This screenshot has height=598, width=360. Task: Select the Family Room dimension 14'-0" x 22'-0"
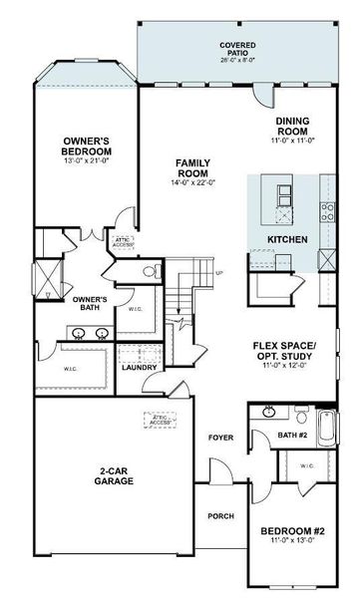pos(190,181)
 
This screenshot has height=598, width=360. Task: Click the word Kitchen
pos(287,240)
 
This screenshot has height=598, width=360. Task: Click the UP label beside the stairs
pos(218,273)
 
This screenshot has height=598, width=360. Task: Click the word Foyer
pos(220,438)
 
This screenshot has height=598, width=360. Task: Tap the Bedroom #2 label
pos(292,530)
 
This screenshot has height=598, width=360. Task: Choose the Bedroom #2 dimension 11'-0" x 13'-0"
pos(292,541)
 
